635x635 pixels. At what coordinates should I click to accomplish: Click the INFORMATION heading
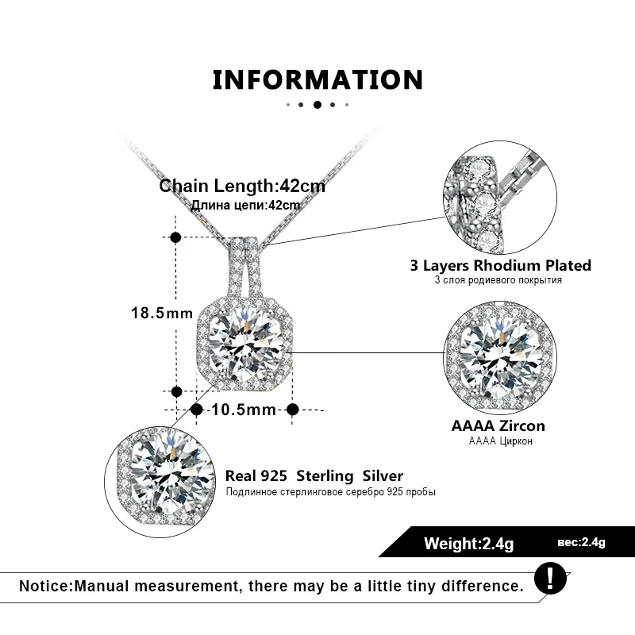[317, 79]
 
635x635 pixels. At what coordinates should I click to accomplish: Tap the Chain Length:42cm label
[242, 187]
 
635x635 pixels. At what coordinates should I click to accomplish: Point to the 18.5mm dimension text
[162, 313]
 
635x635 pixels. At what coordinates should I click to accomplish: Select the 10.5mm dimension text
[244, 410]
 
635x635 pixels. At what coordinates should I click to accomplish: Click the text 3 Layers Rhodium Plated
[500, 265]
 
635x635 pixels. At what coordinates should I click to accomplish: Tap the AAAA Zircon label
[498, 425]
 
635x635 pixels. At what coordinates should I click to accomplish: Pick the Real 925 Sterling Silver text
[314, 476]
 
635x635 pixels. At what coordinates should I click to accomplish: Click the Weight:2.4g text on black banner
[469, 544]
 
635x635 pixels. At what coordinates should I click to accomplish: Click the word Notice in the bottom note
[44, 587]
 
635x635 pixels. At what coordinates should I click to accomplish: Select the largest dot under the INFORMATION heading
[317, 104]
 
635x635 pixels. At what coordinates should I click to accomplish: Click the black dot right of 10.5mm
[292, 410]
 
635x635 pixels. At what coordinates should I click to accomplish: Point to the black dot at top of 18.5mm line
[176, 237]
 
